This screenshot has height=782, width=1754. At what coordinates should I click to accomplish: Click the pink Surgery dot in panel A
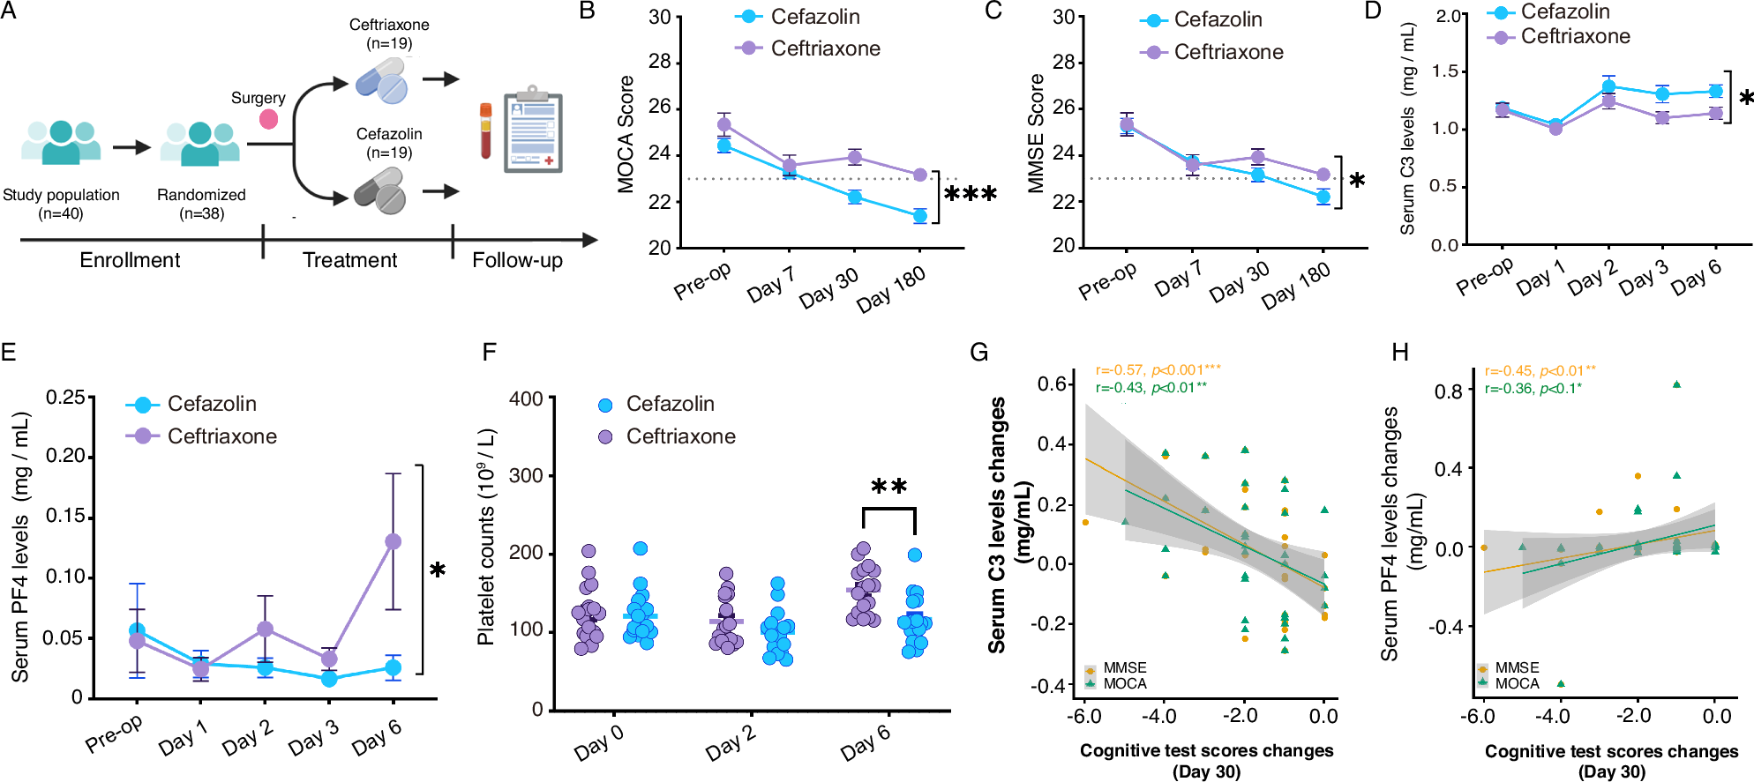click(269, 119)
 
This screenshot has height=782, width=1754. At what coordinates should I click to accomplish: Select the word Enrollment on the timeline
click(130, 260)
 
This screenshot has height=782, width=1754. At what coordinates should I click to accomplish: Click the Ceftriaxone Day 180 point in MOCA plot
click(920, 175)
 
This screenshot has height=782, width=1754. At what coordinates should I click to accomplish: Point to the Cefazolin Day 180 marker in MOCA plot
click(920, 216)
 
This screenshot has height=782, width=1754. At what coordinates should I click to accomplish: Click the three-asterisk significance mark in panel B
click(971, 194)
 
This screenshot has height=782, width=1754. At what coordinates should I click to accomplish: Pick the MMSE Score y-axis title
click(1036, 132)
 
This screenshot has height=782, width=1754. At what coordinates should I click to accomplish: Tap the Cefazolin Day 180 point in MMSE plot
click(1323, 197)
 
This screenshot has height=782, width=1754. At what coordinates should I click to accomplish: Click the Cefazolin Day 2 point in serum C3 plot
click(1609, 86)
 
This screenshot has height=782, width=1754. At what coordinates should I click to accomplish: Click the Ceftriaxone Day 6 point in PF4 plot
click(394, 541)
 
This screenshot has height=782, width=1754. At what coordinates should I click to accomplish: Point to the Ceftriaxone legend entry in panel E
click(221, 436)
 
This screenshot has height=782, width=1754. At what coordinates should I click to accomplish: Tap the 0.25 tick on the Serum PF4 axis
click(65, 398)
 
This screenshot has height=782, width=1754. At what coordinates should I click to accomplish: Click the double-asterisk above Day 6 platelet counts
click(888, 487)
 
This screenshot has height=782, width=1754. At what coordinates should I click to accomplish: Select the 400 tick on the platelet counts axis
click(526, 398)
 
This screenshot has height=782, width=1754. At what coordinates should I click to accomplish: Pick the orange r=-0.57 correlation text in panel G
click(1158, 370)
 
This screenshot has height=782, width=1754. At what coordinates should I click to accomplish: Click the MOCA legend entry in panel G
click(1124, 683)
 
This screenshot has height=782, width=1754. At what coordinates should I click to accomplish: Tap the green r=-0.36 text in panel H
click(1533, 388)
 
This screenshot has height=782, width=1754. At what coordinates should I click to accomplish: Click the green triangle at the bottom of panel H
click(1561, 683)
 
